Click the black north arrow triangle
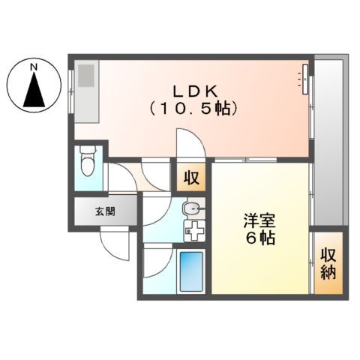(x=33, y=90)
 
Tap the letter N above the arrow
(x=33, y=68)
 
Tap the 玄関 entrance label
(x=105, y=211)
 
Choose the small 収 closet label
(x=192, y=178)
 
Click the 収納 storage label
(x=327, y=262)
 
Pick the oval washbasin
(x=192, y=208)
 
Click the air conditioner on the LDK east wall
(x=306, y=78)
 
